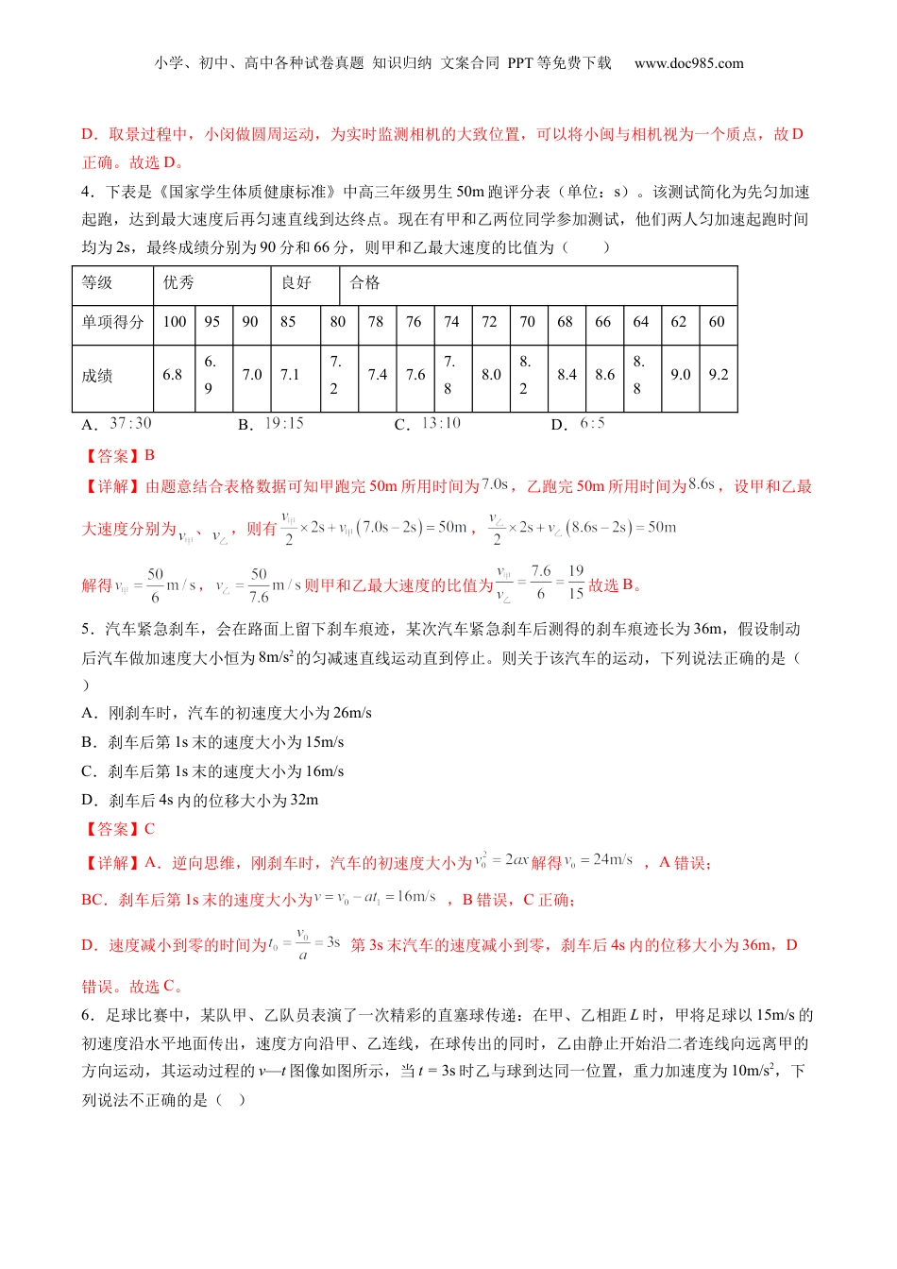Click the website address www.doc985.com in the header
coord(688,63)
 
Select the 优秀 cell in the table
coord(178,282)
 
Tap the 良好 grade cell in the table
coord(296,282)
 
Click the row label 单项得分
coord(112,322)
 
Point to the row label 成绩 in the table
coord(97,376)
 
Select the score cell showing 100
coord(175,322)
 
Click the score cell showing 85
coord(288,322)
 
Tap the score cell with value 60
coord(717,322)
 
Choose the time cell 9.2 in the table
coord(718,375)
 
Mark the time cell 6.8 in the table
coord(172,375)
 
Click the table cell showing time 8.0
coord(491,375)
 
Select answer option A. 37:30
coord(117,424)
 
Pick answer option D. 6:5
coord(578,424)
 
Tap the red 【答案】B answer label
coord(119,456)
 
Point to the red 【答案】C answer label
coord(119,829)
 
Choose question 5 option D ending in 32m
coord(200,801)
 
